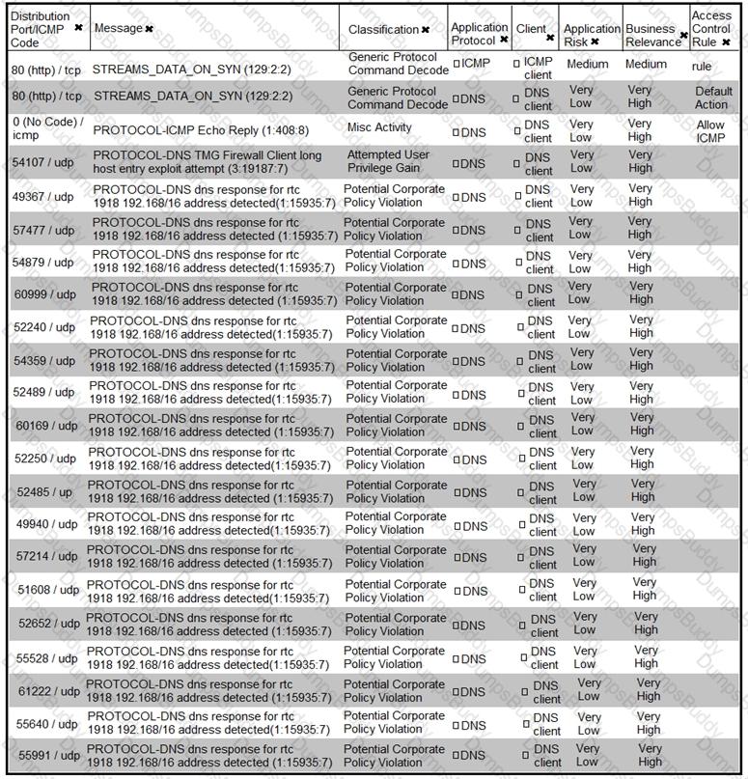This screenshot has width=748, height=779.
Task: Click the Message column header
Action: (x=117, y=29)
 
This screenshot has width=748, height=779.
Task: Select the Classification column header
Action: (x=383, y=30)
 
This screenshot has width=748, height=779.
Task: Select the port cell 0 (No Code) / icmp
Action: (x=47, y=128)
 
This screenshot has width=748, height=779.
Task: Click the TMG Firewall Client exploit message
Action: (x=208, y=161)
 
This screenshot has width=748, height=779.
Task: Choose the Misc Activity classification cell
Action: (x=378, y=127)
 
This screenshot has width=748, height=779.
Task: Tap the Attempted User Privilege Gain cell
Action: (x=388, y=160)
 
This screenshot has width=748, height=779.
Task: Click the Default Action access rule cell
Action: (x=713, y=97)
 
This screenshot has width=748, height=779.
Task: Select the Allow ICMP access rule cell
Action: (x=710, y=131)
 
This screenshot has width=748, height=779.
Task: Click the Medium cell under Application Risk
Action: (x=588, y=65)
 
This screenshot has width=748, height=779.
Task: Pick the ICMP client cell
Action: (x=538, y=68)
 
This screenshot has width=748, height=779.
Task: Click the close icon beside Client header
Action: (x=550, y=38)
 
